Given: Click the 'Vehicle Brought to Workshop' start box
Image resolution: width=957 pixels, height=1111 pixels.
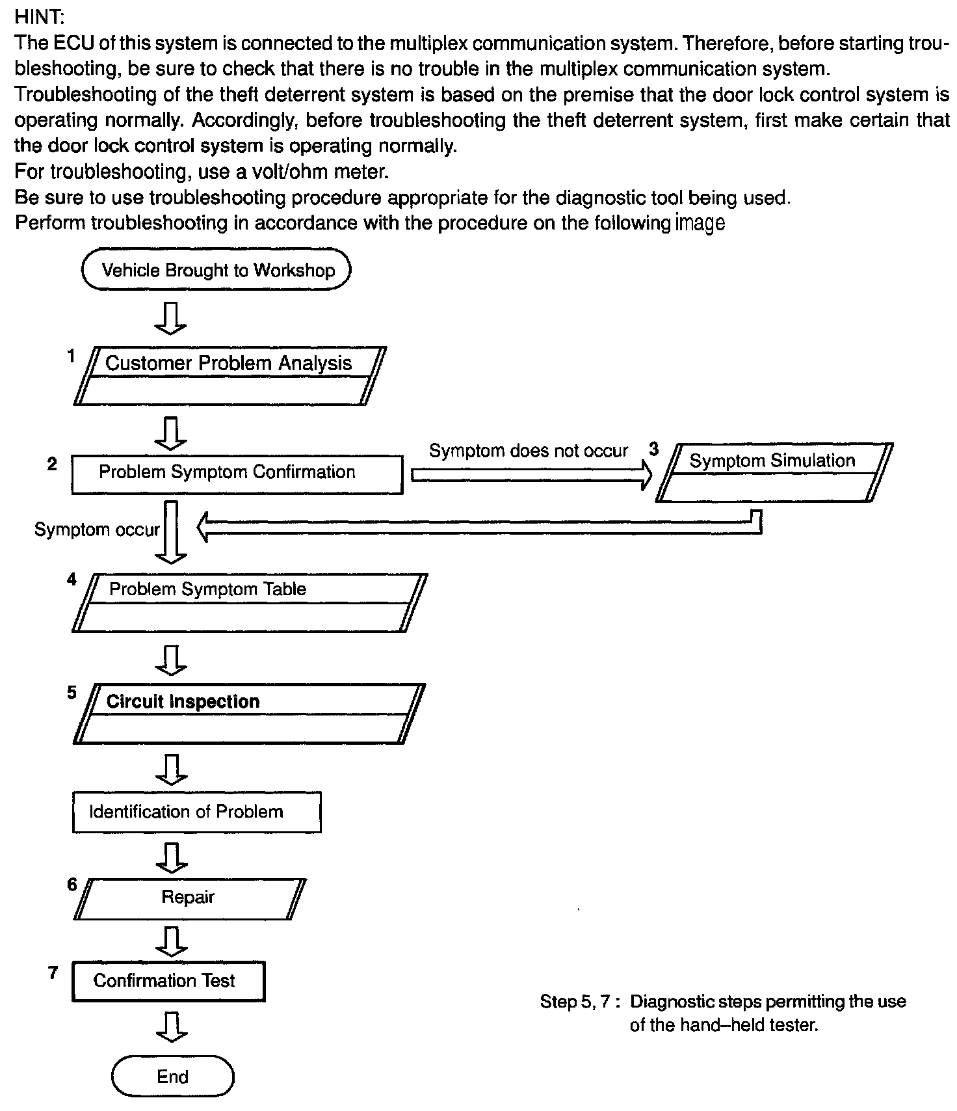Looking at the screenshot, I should pos(216,270).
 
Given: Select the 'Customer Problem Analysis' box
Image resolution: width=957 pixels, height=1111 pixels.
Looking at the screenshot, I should pos(229,375).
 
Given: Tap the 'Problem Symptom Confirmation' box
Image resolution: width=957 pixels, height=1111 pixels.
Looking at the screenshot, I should pos(237,474).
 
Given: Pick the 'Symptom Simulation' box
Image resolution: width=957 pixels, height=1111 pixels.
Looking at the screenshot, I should pos(774,472).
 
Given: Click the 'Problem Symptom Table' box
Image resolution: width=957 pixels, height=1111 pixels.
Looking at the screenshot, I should pos(250,602).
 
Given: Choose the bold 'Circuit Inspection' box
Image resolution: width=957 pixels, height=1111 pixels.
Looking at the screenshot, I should pos(248,713).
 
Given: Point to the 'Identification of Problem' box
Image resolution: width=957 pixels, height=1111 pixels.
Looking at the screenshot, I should pos(196,812).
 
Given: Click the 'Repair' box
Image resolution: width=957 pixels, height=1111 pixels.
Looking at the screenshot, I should pos(189,898).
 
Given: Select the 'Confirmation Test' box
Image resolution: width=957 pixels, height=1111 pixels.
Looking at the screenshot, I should pos(168,981).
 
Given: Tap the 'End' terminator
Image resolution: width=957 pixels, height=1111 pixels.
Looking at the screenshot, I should pos(172,1077).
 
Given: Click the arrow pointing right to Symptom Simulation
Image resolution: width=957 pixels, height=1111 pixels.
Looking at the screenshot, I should pos(532,476).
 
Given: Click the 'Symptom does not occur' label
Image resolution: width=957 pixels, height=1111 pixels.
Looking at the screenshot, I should pos(528,451).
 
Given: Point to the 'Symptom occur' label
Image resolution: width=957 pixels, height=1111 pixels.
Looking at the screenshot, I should pos(97,529).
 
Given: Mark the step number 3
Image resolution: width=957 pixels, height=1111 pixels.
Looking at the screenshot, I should pos(653,449).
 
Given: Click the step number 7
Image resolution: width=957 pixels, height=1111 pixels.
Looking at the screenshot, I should pos(53,973).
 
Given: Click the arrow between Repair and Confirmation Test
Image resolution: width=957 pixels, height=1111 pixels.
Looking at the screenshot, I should pos(172,940).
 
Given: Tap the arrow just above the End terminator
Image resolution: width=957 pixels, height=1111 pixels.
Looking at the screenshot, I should pos(172,1026).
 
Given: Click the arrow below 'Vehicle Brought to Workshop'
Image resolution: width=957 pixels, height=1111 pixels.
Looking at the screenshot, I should pos(172,318).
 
